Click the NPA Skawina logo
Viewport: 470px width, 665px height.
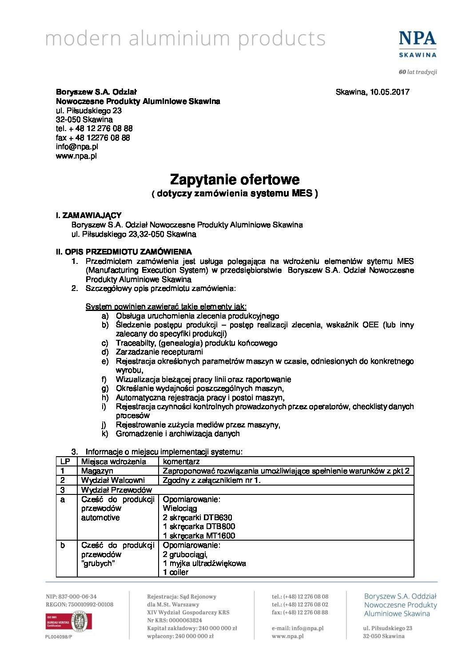[417, 44]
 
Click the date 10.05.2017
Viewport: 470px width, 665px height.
[390, 92]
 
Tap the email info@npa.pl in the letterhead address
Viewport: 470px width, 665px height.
[77, 147]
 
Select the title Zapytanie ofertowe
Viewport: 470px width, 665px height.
[235, 180]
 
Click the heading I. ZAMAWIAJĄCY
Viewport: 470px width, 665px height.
[88, 215]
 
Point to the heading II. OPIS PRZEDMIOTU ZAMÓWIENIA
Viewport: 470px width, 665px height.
[123, 252]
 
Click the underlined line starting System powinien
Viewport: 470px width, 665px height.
[166, 307]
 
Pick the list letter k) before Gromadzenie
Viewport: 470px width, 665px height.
[105, 434]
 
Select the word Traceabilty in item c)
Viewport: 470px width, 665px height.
[136, 343]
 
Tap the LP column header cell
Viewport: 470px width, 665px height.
[65, 462]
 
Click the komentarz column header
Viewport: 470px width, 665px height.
[181, 462]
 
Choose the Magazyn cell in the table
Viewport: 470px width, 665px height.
[97, 471]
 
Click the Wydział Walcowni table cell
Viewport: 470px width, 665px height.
[113, 480]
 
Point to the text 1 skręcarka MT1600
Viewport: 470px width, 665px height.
[199, 536]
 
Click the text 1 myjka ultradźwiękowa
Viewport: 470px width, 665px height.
[204, 563]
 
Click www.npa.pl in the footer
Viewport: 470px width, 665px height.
[287, 636]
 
